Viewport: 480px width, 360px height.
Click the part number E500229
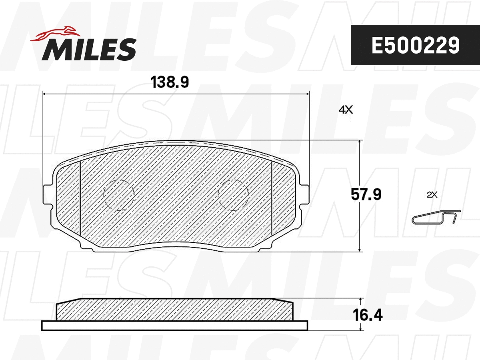[415, 46]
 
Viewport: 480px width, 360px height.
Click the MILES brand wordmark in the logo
[89, 49]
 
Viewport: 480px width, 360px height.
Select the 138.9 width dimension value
[170, 82]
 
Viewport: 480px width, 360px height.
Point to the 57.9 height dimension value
[366, 195]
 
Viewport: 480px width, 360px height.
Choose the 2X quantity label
[432, 195]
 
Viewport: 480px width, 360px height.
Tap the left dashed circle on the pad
[118, 194]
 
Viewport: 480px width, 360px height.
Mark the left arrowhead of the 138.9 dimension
[44, 94]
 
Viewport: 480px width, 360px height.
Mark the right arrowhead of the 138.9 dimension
[308, 94]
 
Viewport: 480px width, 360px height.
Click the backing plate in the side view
[174, 326]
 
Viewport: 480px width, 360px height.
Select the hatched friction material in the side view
[174, 310]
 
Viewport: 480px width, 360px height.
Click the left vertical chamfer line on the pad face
[80, 198]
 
